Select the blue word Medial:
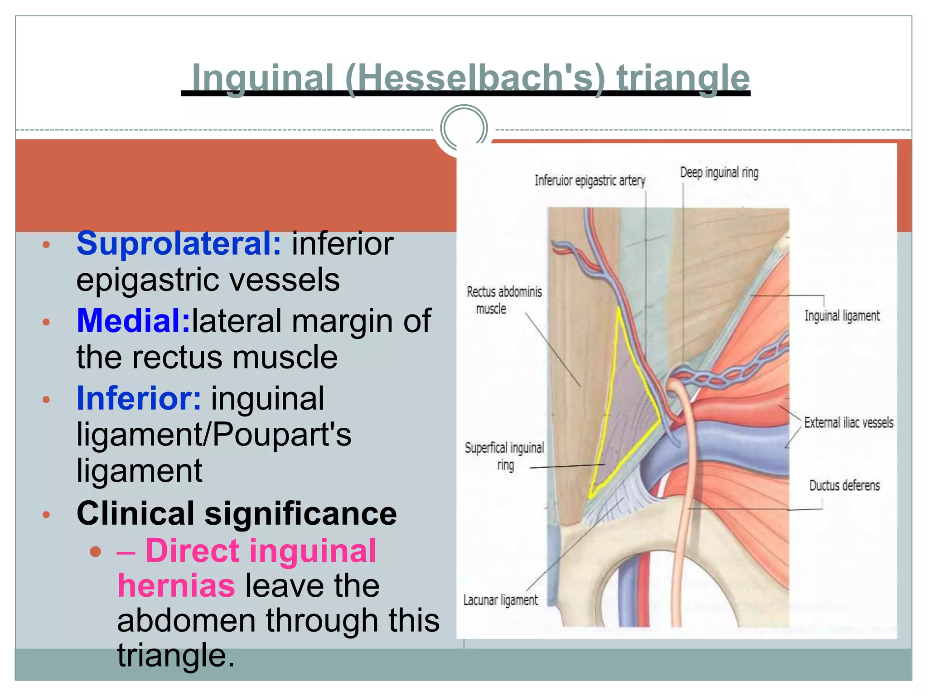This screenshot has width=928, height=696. pyautogui.click(x=134, y=321)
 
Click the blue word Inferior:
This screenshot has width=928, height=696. pyautogui.click(x=139, y=398)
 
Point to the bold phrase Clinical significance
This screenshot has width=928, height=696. pyautogui.click(x=237, y=514)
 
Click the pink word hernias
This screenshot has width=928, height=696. pyautogui.click(x=176, y=586)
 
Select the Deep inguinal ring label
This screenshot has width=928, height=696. pyautogui.click(x=719, y=173)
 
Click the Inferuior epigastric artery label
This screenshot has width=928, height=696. pyautogui.click(x=590, y=181)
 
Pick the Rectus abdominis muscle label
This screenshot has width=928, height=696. pyautogui.click(x=504, y=300)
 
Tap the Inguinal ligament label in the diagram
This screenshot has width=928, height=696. pyautogui.click(x=842, y=316)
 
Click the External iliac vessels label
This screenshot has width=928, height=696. pyautogui.click(x=849, y=423)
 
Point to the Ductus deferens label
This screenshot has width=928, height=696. pyautogui.click(x=844, y=486)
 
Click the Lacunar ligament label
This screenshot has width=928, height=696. pyautogui.click(x=500, y=600)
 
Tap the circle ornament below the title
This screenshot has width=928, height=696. pyautogui.click(x=464, y=128)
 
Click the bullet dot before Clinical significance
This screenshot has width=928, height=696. pyautogui.click(x=46, y=515)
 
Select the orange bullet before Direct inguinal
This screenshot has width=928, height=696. pyautogui.click(x=95, y=551)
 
